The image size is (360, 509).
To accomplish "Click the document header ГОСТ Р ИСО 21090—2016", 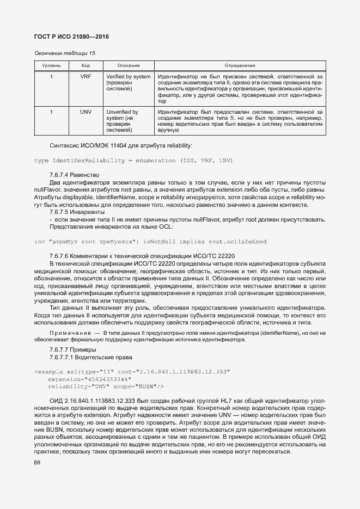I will coord(71,36).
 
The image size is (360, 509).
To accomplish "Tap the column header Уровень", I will coord(52,65).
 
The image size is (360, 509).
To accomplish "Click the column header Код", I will coord(86,65).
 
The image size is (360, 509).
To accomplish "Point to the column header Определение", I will coord(240,65).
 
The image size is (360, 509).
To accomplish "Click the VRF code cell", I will coord(86,77).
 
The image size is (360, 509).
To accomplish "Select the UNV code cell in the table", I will coord(86,112).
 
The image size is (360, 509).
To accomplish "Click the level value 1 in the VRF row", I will coord(52,77).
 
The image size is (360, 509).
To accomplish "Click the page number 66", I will coord(38,463).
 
